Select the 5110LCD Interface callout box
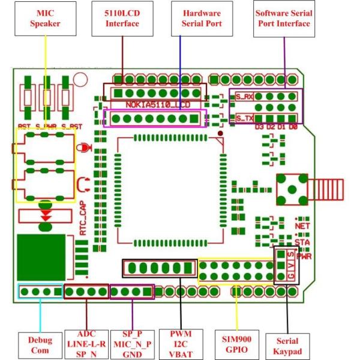pyautogui.click(x=122, y=19)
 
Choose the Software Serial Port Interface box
pyautogui.click(x=283, y=19)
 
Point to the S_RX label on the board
pyautogui.click(x=244, y=96)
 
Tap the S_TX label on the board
pyautogui.click(x=244, y=118)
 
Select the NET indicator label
pyautogui.click(x=302, y=226)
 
